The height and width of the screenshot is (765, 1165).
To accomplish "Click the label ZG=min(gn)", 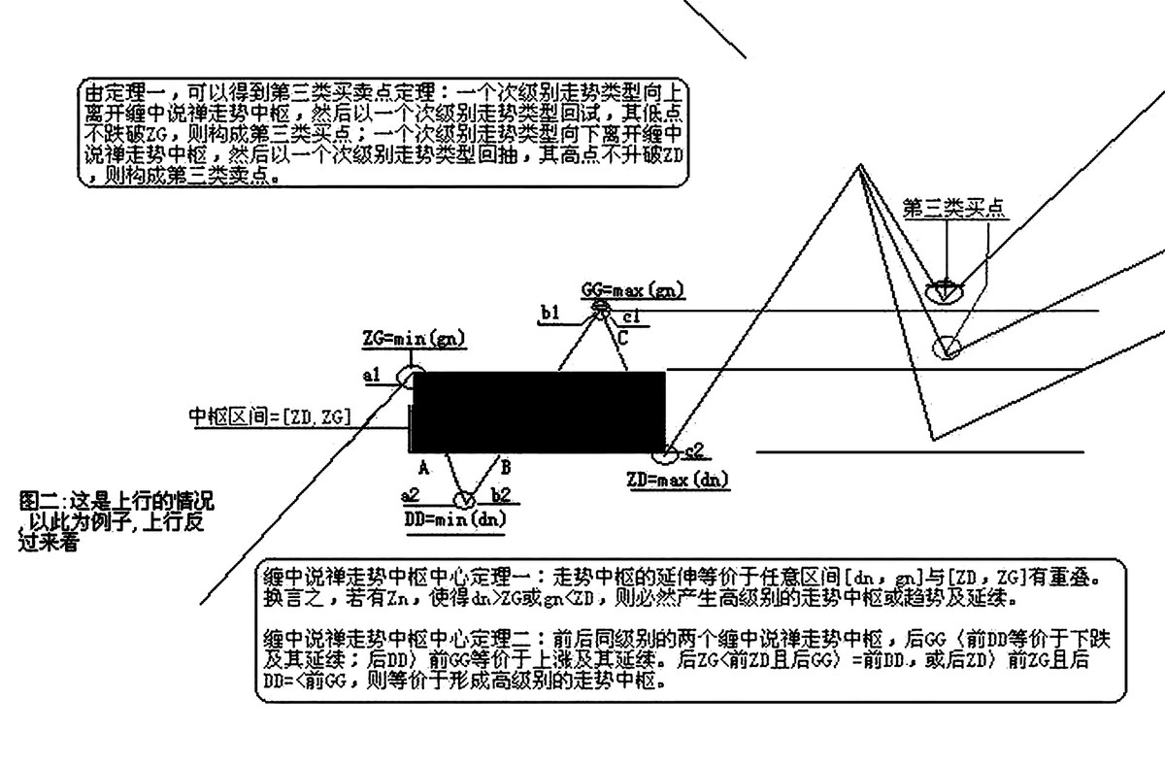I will pyautogui.click(x=413, y=339).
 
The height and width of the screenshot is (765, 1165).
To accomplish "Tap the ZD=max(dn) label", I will pyautogui.click(x=679, y=479).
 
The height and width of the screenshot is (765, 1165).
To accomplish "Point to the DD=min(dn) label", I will pyautogui.click(x=454, y=518).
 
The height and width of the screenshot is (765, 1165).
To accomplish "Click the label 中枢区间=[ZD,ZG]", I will pyautogui.click(x=270, y=417).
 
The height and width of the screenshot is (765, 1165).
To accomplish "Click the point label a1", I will pyautogui.click(x=372, y=375).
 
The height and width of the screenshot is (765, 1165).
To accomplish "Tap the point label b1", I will pyautogui.click(x=550, y=312).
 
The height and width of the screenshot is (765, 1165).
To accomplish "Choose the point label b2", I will pyautogui.click(x=502, y=496).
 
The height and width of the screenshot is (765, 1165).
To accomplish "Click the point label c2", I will pyautogui.click(x=693, y=449).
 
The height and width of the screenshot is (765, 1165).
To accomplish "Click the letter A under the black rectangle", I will pyautogui.click(x=424, y=466).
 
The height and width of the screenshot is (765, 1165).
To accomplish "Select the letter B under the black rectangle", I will pyautogui.click(x=505, y=464).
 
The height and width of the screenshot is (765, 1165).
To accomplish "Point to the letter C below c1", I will pyautogui.click(x=622, y=337).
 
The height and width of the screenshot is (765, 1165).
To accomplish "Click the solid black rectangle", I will pyautogui.click(x=539, y=412).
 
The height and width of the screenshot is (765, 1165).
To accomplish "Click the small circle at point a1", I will pyautogui.click(x=415, y=375).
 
